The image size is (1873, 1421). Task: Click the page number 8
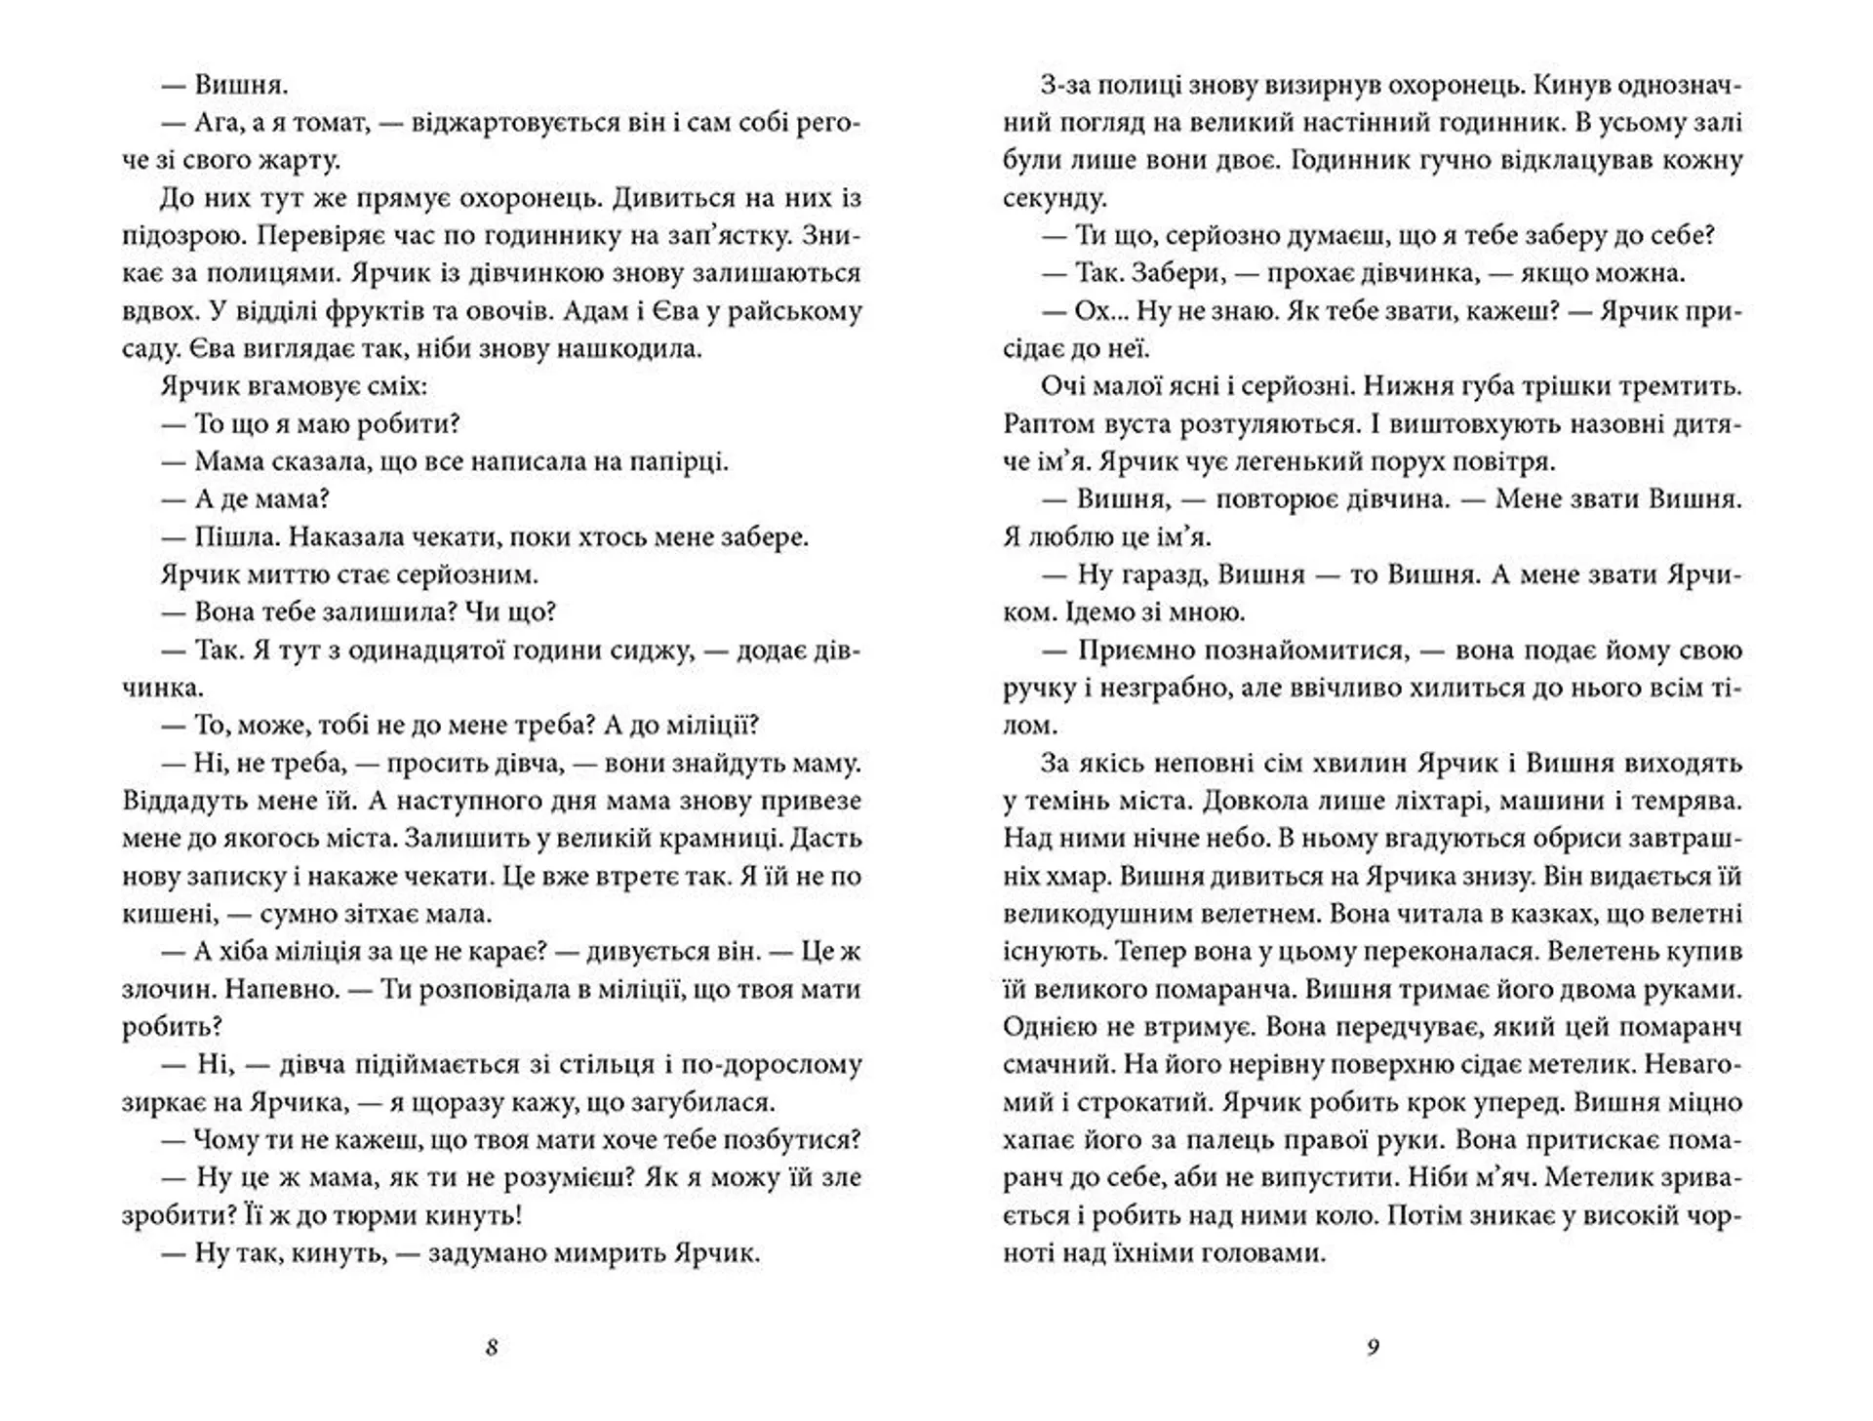(492, 1348)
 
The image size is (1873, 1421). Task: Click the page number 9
(1373, 1348)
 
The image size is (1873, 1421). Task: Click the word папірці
(679, 461)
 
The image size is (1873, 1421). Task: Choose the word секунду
(1055, 198)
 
